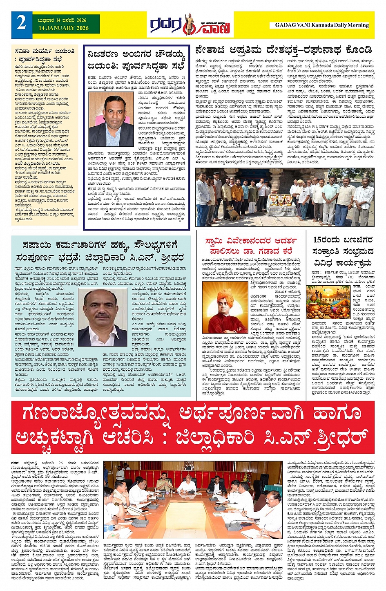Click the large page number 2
click(21, 24)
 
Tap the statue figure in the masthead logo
click(189, 25)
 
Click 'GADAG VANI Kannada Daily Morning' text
click(322, 25)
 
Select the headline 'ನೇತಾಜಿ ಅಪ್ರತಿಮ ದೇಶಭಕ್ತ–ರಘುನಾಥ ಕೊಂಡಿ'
click(284, 50)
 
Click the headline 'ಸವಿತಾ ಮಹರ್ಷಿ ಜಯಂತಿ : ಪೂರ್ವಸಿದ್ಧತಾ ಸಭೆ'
click(44, 55)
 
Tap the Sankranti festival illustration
click(328, 302)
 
